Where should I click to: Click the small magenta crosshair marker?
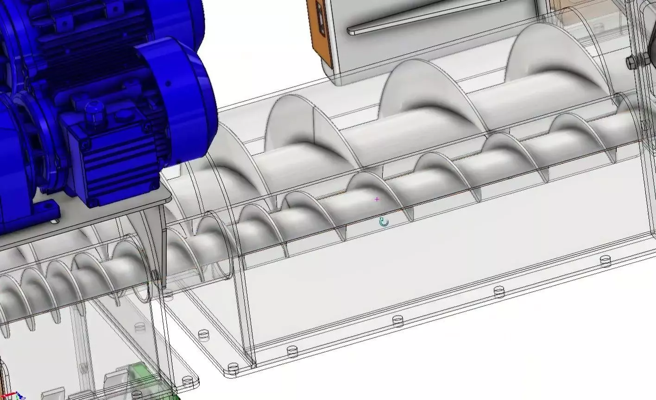[377, 199]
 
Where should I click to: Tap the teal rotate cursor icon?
[384, 222]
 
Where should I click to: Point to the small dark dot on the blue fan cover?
[168, 84]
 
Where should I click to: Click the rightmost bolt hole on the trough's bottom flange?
[605, 261]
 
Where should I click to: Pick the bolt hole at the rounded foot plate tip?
[188, 381]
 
